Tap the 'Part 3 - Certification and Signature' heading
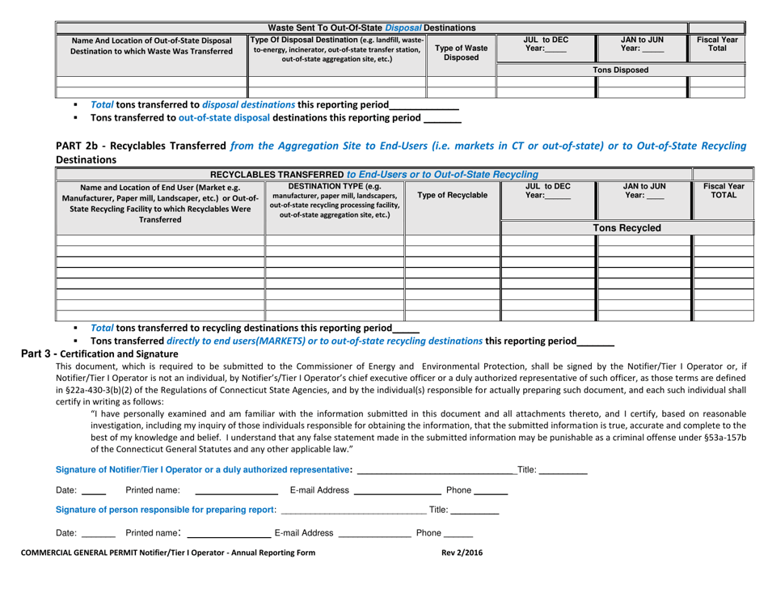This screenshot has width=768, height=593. (93, 354)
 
